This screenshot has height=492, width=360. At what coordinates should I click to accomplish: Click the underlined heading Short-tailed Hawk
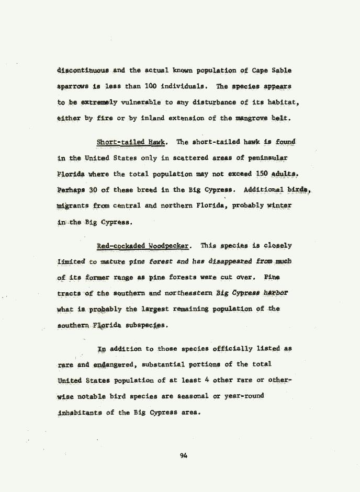click(131, 142)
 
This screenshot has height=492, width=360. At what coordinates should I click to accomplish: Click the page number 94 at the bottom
click(183, 455)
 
